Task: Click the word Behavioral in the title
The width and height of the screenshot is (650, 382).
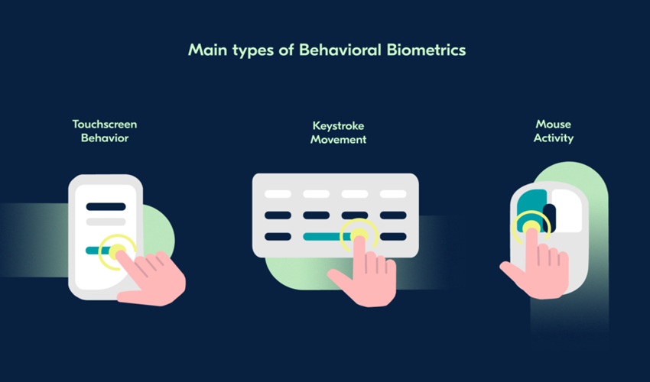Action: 353,51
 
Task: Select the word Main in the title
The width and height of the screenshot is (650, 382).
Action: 205,51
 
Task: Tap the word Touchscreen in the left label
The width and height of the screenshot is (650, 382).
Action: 105,124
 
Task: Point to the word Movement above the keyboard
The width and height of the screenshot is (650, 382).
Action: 338,140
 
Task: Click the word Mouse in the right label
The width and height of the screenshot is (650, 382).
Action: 553,125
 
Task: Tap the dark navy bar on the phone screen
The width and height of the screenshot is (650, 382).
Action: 106,206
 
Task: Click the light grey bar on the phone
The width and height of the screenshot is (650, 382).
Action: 106,222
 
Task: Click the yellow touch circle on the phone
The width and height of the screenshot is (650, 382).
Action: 118,251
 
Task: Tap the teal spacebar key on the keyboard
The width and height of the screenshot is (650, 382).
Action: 326,237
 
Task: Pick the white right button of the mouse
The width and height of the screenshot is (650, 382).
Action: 567,208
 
